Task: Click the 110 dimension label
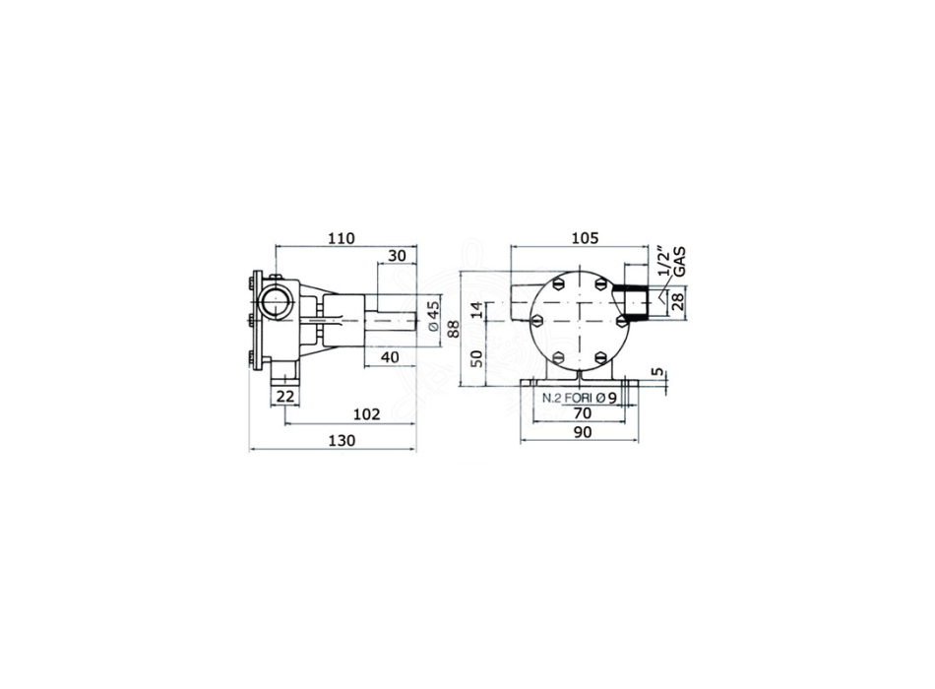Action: pyautogui.click(x=342, y=238)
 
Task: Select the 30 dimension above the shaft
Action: pyautogui.click(x=397, y=256)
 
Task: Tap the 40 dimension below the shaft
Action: pyautogui.click(x=390, y=356)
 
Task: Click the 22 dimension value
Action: pyautogui.click(x=285, y=395)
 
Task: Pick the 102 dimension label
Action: pyautogui.click(x=366, y=414)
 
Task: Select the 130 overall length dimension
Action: pyautogui.click(x=342, y=440)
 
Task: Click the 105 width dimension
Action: pyautogui.click(x=585, y=238)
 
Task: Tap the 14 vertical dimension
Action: pyautogui.click(x=475, y=310)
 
